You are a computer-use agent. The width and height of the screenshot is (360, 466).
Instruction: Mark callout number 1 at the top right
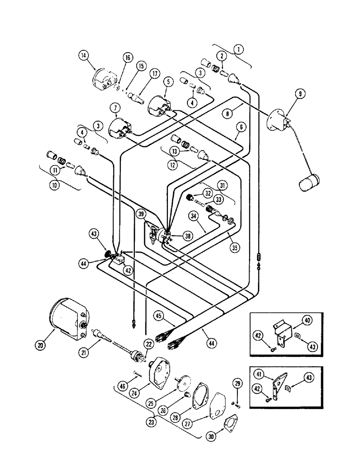pos(239,48)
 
